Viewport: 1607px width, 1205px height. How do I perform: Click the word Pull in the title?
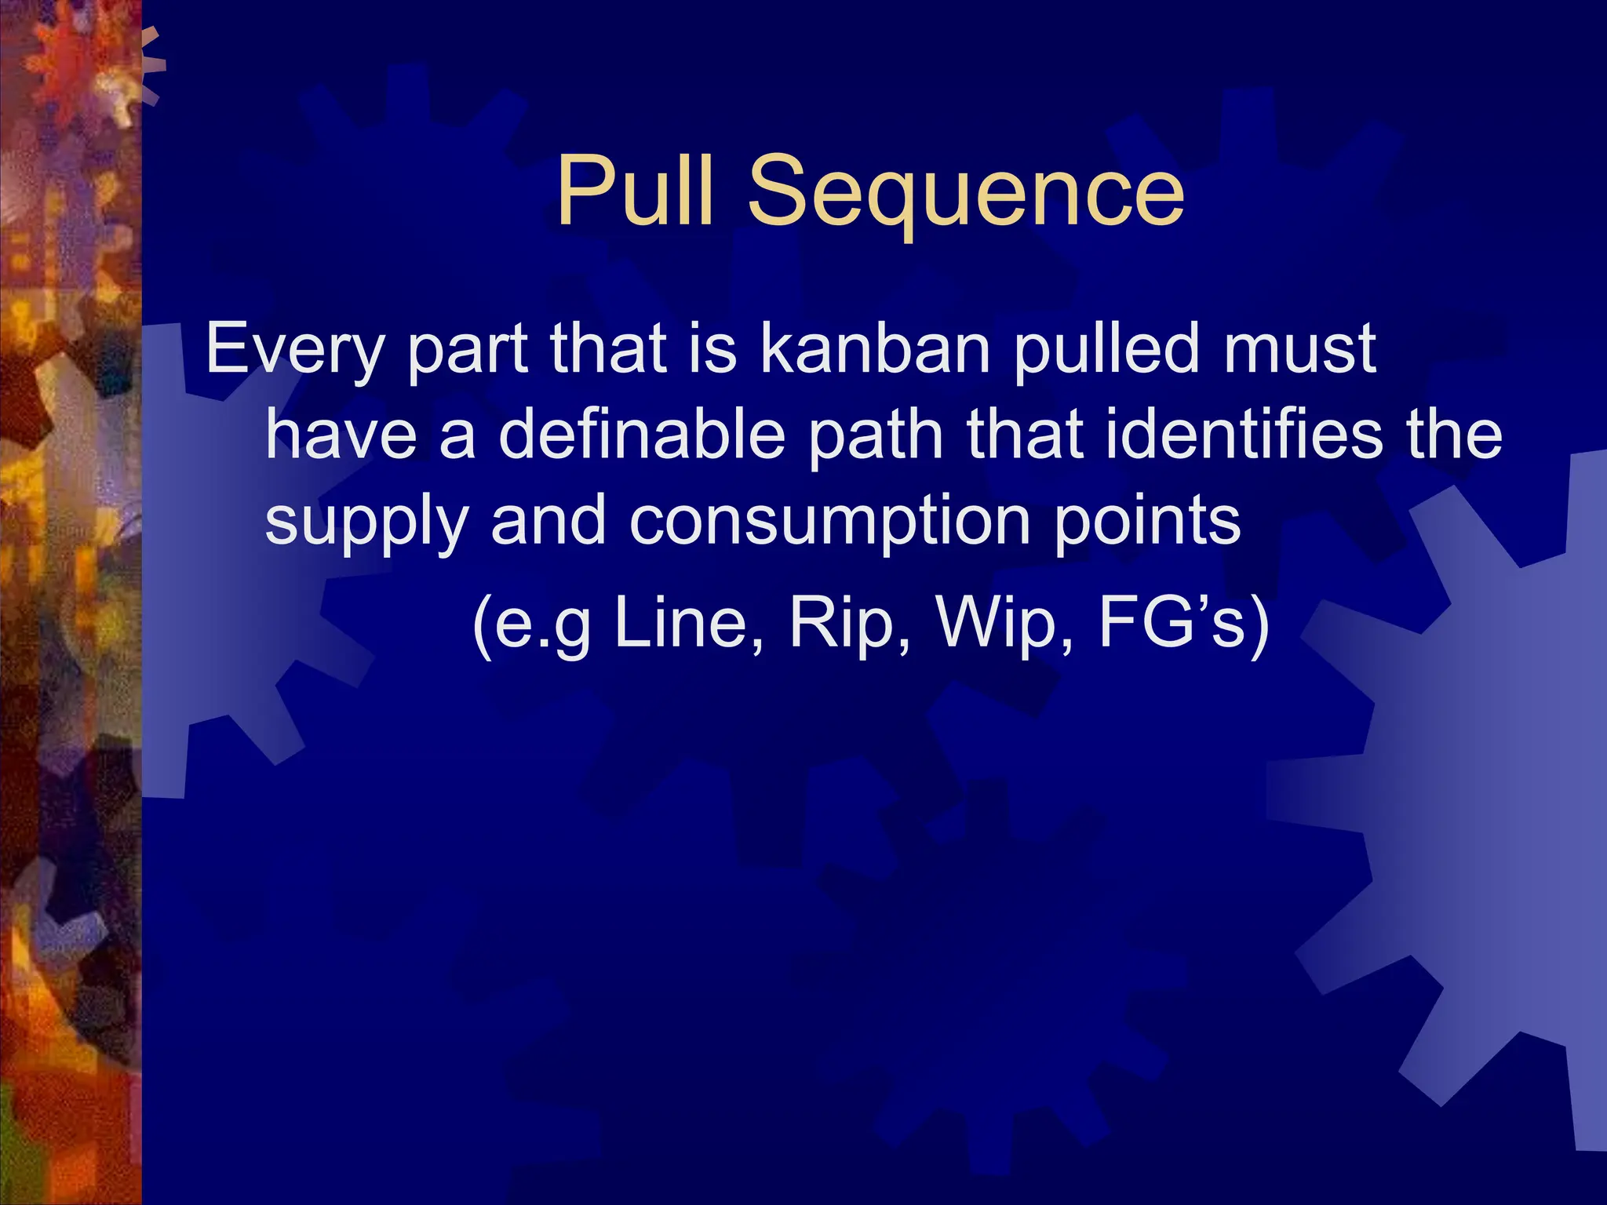coord(636,191)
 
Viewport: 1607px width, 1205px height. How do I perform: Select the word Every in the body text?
coord(293,350)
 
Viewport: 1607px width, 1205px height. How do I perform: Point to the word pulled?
coord(1107,350)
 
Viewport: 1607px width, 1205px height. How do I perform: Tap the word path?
coord(876,436)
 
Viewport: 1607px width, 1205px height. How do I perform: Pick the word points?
coord(1148,522)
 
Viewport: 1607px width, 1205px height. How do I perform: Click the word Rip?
coord(851,624)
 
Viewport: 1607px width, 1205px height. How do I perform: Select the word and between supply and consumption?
coord(548,521)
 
